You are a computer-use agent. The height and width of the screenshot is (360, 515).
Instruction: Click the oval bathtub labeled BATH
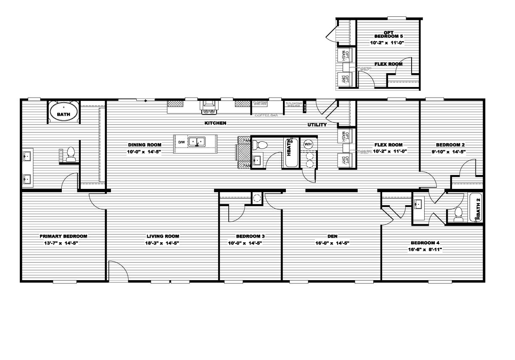click(63, 113)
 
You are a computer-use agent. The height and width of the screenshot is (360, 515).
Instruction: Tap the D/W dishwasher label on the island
click(181, 142)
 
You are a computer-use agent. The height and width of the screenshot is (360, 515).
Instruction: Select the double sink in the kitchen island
click(197, 142)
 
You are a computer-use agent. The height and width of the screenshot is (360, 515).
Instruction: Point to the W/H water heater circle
click(308, 144)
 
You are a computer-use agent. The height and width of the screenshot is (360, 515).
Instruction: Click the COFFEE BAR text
click(266, 115)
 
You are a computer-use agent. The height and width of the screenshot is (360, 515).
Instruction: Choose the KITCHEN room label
click(215, 123)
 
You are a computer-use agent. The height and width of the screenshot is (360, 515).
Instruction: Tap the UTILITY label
click(317, 125)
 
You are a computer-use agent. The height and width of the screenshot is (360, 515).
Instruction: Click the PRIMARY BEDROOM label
click(63, 236)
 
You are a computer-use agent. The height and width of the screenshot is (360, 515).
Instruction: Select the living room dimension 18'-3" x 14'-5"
click(163, 243)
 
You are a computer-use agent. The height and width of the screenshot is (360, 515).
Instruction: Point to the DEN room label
click(332, 236)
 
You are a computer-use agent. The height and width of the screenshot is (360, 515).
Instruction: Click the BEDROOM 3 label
click(250, 236)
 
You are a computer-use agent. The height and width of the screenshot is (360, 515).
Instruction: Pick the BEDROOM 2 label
click(450, 145)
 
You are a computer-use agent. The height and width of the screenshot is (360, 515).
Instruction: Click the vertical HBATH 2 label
click(478, 206)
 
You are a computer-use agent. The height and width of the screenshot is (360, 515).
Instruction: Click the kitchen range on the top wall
click(209, 107)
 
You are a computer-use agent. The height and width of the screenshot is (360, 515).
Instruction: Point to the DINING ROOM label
click(145, 145)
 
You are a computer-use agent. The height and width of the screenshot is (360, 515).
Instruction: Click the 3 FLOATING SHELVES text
click(293, 104)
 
